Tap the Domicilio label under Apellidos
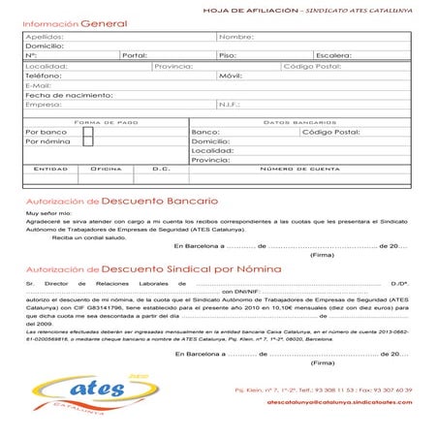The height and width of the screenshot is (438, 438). pyautogui.click(x=43, y=46)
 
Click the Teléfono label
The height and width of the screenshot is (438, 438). pyautogui.click(x=42, y=76)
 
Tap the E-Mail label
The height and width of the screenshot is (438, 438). pyautogui.click(x=38, y=85)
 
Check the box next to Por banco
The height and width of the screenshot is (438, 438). pyautogui.click(x=88, y=131)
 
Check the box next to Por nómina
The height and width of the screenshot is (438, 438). pyautogui.click(x=88, y=141)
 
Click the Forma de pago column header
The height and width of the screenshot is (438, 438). pyautogui.click(x=107, y=121)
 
